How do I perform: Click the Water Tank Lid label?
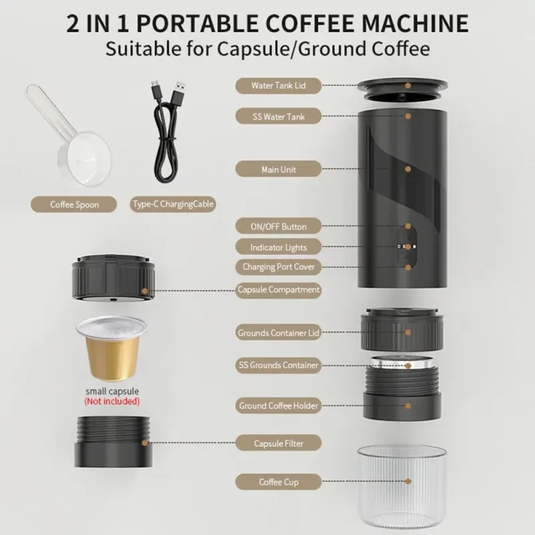[x=278, y=86]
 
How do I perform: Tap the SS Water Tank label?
[x=278, y=116]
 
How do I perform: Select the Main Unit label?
[x=278, y=169]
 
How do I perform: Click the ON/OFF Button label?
[x=278, y=226]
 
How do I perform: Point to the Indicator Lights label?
[x=278, y=247]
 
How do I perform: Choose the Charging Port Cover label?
[x=278, y=267]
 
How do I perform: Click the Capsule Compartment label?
[x=278, y=290]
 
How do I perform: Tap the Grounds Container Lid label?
[x=278, y=332]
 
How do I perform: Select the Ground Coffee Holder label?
[x=278, y=406]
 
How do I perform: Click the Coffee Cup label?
[x=278, y=481]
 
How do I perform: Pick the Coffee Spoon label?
[x=74, y=205]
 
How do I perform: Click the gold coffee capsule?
[x=112, y=349]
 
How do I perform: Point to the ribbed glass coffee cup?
[x=402, y=487]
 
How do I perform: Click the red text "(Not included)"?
[x=112, y=401]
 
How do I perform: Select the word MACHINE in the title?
[x=415, y=23]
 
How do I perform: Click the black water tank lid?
[x=403, y=90]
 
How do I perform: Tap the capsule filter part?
[x=113, y=442]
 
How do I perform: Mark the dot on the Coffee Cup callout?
[x=408, y=481]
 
